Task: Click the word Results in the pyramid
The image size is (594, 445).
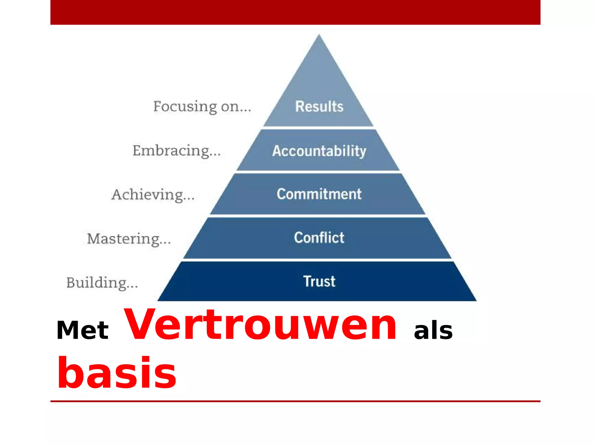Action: pos(319,106)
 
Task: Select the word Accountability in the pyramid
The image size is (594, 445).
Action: pos(319,151)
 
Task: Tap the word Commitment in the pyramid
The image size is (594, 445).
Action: pos(319,194)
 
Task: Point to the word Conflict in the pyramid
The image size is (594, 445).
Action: pos(319,238)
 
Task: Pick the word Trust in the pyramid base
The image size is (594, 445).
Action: pos(319,281)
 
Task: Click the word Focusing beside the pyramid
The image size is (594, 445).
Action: pos(185,107)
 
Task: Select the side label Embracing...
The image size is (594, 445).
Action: pos(176,151)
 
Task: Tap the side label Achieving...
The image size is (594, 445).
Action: pos(153,195)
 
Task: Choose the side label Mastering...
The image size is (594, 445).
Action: pos(129,239)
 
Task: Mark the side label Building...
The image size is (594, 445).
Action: pos(102,283)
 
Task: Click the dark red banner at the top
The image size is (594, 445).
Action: pos(295,12)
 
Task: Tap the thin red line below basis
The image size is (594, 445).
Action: pos(295,401)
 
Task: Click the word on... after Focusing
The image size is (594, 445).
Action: pos(236,107)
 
